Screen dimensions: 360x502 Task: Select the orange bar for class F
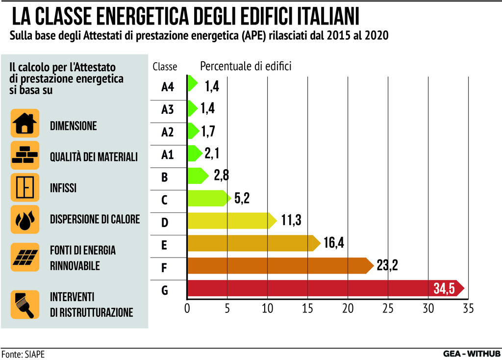point(279,265)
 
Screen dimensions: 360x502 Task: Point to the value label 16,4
point(333,243)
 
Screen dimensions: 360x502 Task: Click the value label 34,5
point(444,288)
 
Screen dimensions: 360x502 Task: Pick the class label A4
point(168,87)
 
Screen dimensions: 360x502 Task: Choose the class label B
point(165,177)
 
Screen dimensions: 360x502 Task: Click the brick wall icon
point(25,155)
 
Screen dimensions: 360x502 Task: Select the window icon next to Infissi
point(25,187)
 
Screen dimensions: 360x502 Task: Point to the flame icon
point(25,219)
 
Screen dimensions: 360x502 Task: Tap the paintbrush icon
point(25,305)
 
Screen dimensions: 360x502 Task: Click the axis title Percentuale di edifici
point(246,66)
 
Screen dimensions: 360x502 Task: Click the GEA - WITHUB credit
point(471,353)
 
